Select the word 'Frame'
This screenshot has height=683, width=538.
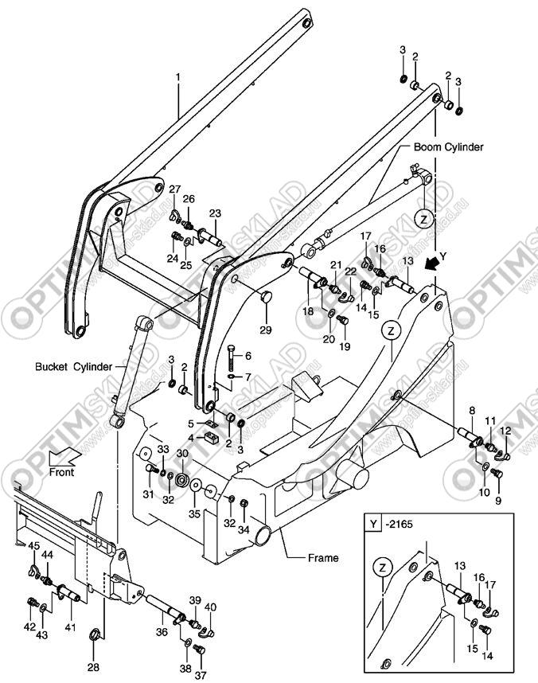coord(322,558)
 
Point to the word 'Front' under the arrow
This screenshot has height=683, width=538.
coord(62,472)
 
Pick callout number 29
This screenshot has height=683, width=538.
coord(266,330)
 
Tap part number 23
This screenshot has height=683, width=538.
coord(215,213)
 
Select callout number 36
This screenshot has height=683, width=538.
coord(162,633)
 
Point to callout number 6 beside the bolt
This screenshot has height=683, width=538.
coord(248,355)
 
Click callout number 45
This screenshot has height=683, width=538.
coord(34,545)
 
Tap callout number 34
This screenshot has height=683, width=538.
coord(244,528)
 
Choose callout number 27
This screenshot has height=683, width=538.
coord(174,188)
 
